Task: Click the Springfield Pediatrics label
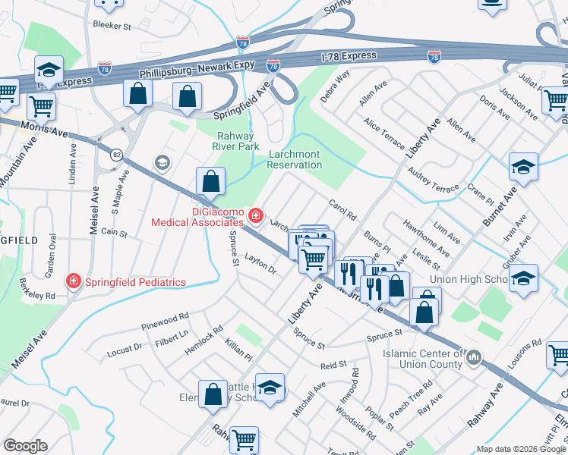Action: pyautogui.click(x=135, y=282)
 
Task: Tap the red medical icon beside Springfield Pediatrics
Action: pyautogui.click(x=74, y=282)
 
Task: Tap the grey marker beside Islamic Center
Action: pyautogui.click(x=474, y=356)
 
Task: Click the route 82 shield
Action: pyautogui.click(x=116, y=154)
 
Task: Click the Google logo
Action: pyautogui.click(x=25, y=446)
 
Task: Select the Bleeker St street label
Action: pyautogui.click(x=112, y=25)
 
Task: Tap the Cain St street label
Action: pyautogui.click(x=114, y=233)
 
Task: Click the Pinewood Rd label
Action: pyautogui.click(x=165, y=322)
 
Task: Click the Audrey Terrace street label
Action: pyautogui.click(x=434, y=183)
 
